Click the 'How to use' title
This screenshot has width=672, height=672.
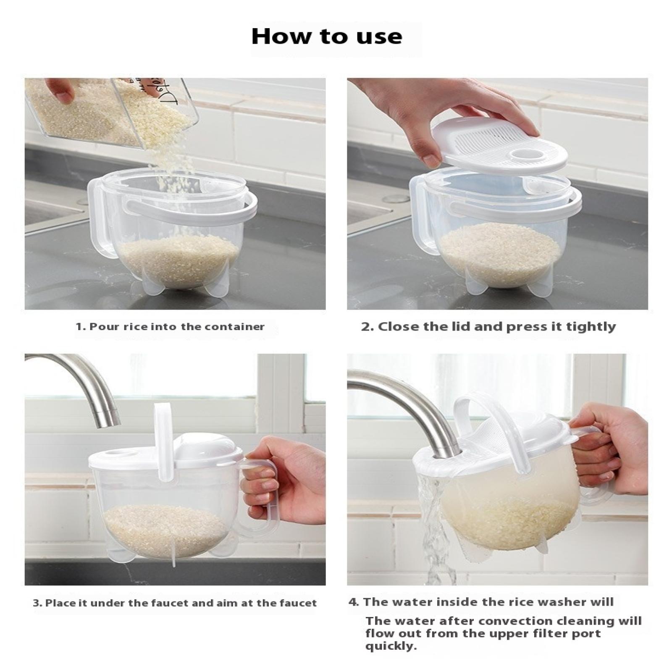point(327,37)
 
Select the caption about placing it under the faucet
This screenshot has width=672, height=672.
point(175,604)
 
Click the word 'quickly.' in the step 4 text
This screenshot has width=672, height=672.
point(391,646)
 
